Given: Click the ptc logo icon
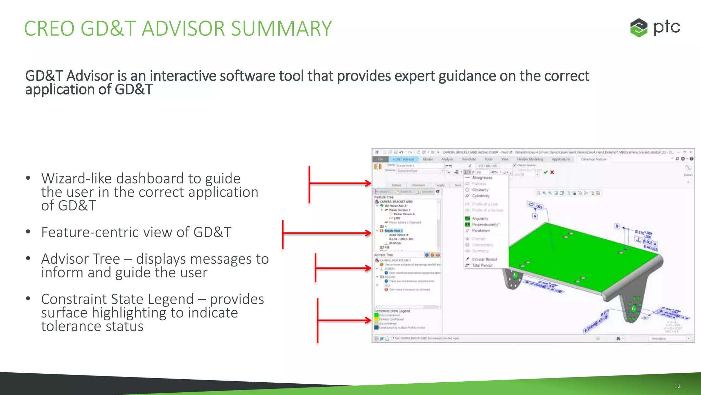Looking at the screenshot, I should tap(639, 27).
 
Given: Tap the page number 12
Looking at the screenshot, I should tap(677, 386).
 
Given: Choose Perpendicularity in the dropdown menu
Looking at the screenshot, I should tap(485, 225).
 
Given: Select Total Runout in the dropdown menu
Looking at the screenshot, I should tap(482, 265).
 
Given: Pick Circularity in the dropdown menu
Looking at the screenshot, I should tap(480, 190).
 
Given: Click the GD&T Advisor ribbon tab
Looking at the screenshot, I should tap(403, 159).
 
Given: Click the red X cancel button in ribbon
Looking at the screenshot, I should tap(552, 172).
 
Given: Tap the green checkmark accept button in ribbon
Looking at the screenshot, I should tap(546, 172).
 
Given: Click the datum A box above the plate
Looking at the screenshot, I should tap(535, 216).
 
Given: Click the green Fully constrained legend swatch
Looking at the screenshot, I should tap(376, 315).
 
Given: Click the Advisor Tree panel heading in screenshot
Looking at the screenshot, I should tap(383, 255).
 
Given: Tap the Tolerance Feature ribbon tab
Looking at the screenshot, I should tap(594, 159).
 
